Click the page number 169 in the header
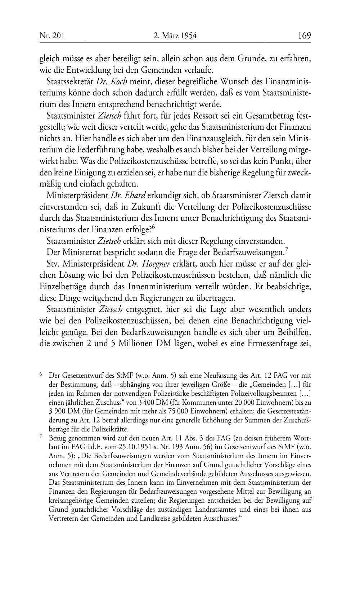point(304,36)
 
